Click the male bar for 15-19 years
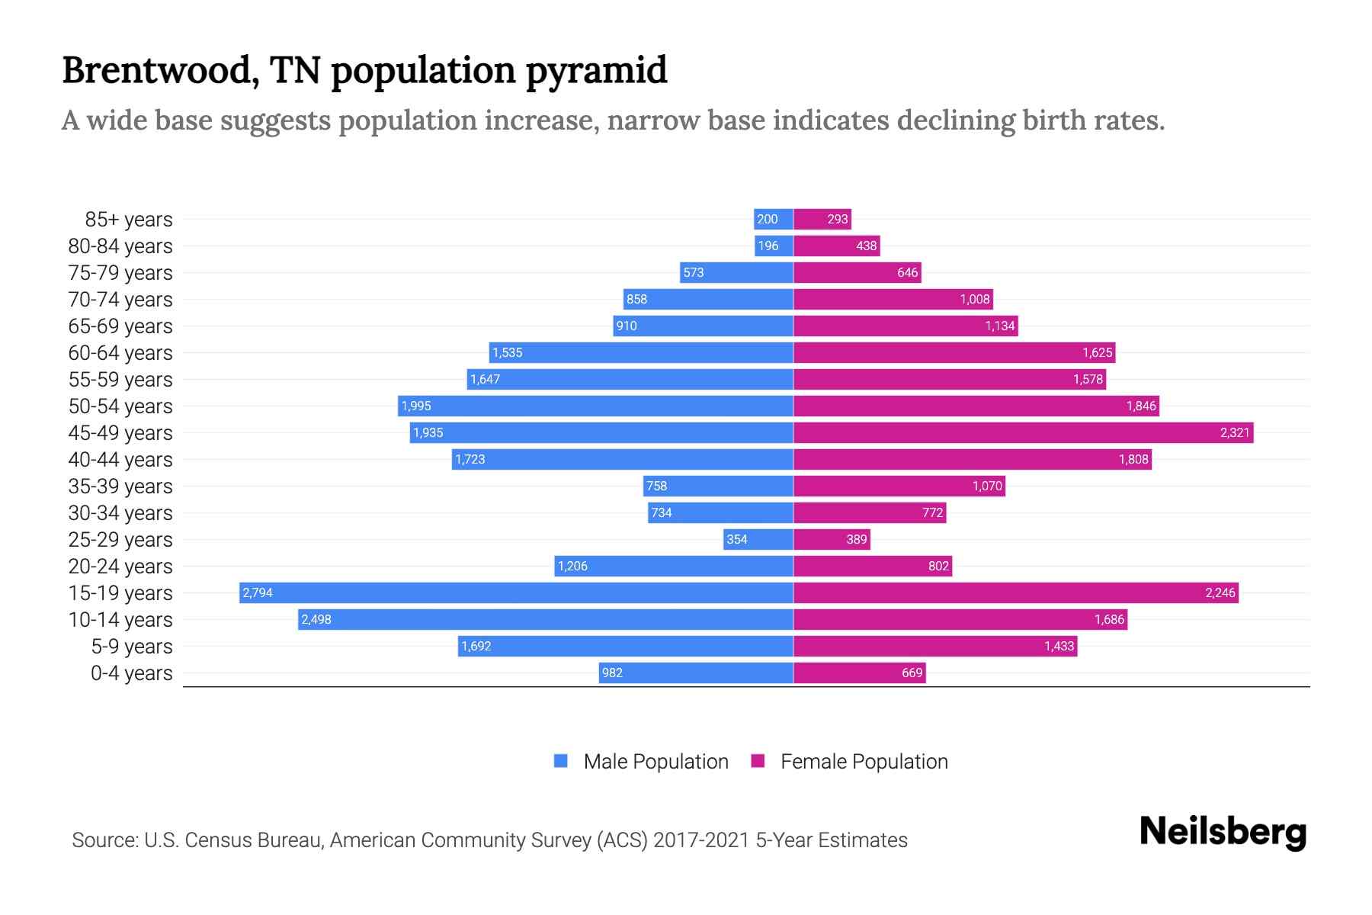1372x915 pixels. click(x=516, y=592)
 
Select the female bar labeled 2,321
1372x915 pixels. click(x=1023, y=432)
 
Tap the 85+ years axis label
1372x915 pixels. click(x=129, y=220)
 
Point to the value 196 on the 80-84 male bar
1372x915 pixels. click(x=768, y=246)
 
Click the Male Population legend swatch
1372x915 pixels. click(x=561, y=761)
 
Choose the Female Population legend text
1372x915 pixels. click(x=864, y=761)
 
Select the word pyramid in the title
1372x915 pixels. click(x=596, y=70)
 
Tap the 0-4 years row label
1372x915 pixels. click(x=131, y=673)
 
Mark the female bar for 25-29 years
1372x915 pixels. click(x=832, y=539)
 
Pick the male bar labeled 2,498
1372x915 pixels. click(x=545, y=619)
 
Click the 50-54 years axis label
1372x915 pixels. click(x=120, y=406)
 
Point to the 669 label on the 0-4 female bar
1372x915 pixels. click(x=912, y=673)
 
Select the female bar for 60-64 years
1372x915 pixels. click(x=954, y=352)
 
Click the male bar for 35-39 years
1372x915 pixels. click(x=718, y=486)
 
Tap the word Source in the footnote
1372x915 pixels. click(x=104, y=840)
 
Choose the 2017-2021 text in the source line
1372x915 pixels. click(x=701, y=840)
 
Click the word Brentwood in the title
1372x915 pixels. click(x=156, y=70)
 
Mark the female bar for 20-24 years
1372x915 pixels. click(x=873, y=566)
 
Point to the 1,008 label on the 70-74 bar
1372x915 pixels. click(x=974, y=299)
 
